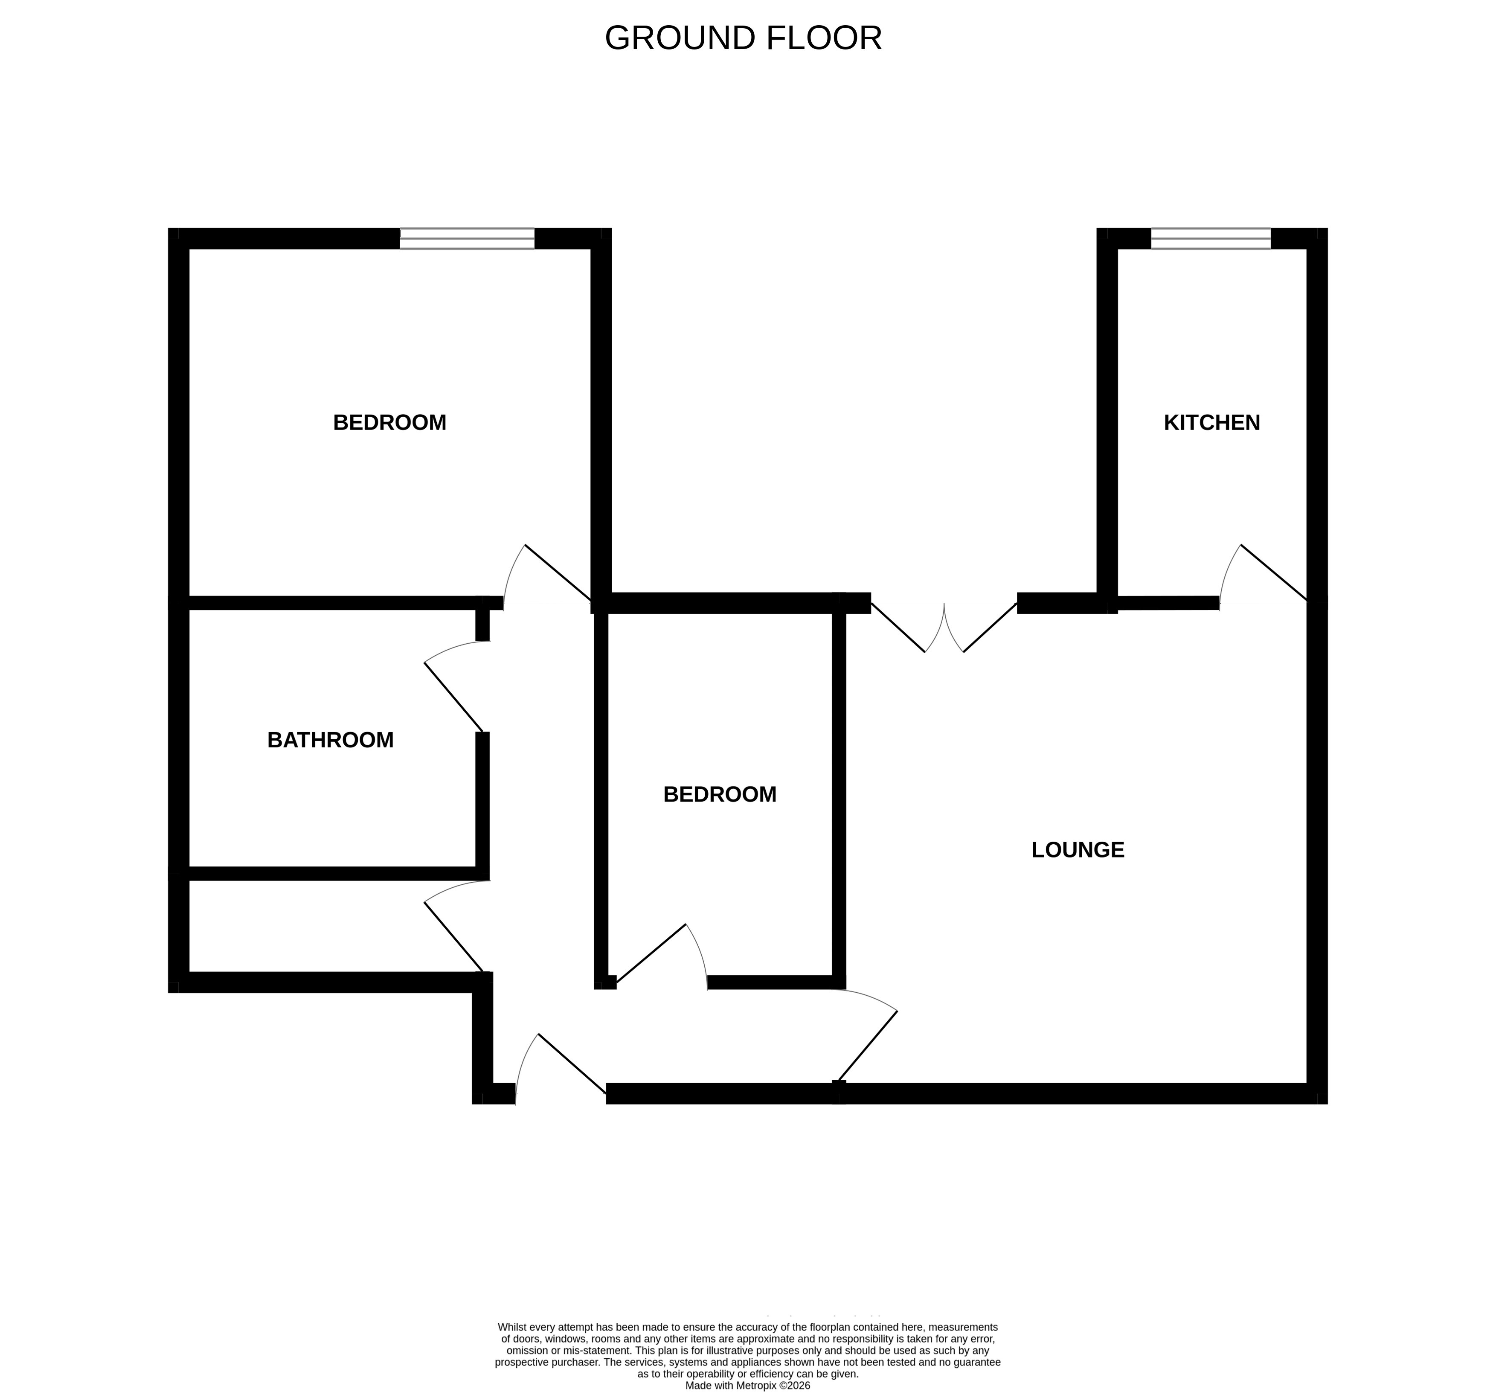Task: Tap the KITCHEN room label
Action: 1211,423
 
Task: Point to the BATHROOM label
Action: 330,741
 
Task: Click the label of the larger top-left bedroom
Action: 390,423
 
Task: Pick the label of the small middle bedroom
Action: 719,795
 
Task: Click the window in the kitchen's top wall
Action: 1211,238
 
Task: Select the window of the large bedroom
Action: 467,238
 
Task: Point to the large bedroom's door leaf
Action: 558,572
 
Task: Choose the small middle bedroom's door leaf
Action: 651,953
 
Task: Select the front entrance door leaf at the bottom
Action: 572,1064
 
